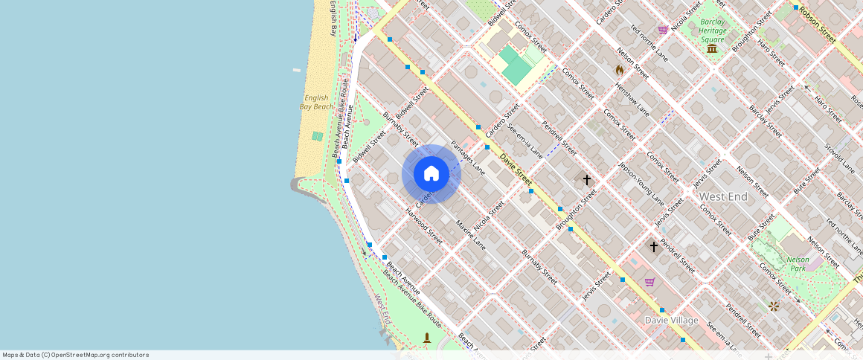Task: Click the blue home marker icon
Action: pyautogui.click(x=431, y=174)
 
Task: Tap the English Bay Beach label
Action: pyautogui.click(x=316, y=102)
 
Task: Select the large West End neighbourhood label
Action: pyautogui.click(x=723, y=196)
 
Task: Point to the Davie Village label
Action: pyautogui.click(x=671, y=320)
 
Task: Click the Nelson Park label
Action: pyautogui.click(x=798, y=263)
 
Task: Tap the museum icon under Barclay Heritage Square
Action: pyautogui.click(x=712, y=48)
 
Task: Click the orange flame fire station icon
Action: pyautogui.click(x=619, y=70)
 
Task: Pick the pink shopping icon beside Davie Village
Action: pyautogui.click(x=649, y=282)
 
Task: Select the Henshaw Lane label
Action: pyautogui.click(x=632, y=99)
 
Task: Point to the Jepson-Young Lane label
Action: pyautogui.click(x=641, y=184)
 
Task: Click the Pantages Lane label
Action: pyautogui.click(x=468, y=157)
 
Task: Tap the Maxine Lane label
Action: pyautogui.click(x=470, y=234)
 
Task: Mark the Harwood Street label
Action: pyautogui.click(x=424, y=226)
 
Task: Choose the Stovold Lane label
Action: pyautogui.click(x=841, y=156)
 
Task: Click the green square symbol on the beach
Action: pyautogui.click(x=318, y=136)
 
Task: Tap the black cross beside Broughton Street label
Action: pyautogui.click(x=586, y=179)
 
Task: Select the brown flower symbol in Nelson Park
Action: pyautogui.click(x=774, y=306)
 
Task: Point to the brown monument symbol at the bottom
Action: pyautogui.click(x=426, y=338)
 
